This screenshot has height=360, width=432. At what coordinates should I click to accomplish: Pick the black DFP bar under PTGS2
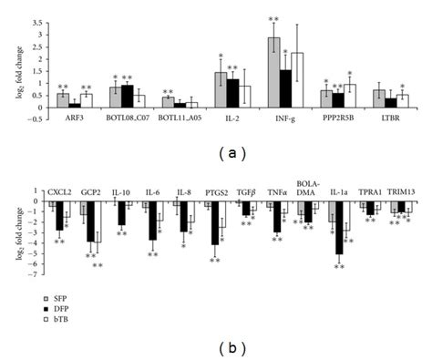tap(215, 223)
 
